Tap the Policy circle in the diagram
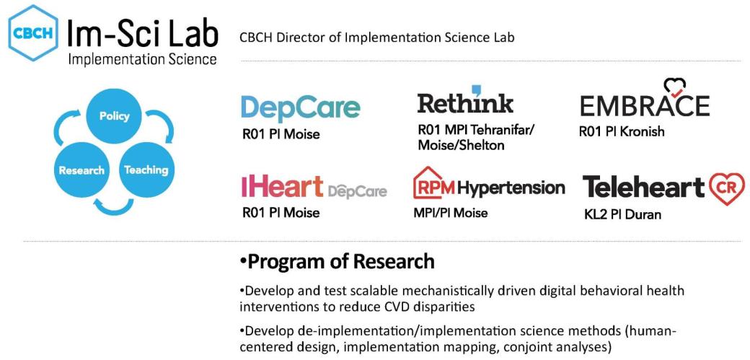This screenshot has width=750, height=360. [x=114, y=117]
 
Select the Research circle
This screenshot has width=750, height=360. [x=81, y=170]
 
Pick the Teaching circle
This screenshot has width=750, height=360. [x=146, y=170]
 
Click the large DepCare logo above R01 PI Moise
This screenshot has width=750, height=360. [x=300, y=108]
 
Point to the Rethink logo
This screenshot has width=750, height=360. [x=465, y=102]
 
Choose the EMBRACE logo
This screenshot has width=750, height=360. [x=645, y=105]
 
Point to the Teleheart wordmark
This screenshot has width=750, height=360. [x=643, y=187]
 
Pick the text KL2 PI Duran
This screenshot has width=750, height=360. [x=621, y=214]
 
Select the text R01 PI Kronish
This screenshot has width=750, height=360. [x=621, y=132]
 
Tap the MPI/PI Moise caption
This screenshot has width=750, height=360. [x=450, y=213]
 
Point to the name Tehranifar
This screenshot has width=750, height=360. [x=504, y=131]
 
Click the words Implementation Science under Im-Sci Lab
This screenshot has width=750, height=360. [x=142, y=59]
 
